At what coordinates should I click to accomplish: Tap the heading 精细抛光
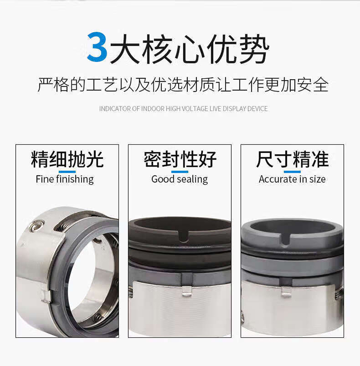[x=67, y=159]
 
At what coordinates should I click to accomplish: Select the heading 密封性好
[x=180, y=159]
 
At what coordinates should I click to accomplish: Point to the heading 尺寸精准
[x=292, y=159]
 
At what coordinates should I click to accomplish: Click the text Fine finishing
[x=65, y=179]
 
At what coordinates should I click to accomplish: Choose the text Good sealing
[x=180, y=179]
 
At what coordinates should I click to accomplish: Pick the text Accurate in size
[x=292, y=179]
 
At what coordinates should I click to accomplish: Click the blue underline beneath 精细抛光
[x=67, y=172]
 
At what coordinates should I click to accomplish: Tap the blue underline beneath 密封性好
[x=180, y=172]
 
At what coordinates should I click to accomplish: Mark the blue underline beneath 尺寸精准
[x=292, y=172]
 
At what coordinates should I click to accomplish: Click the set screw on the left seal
[x=37, y=226]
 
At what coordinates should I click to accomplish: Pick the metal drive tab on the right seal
[x=286, y=292]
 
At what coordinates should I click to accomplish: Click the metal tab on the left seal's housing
[x=46, y=296]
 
